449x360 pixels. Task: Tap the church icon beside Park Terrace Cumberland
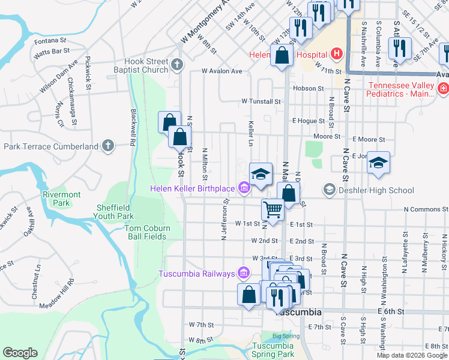click(x=107, y=145)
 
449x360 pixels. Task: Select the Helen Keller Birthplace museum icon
click(x=244, y=189)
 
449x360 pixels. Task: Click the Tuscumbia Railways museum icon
click(x=244, y=274)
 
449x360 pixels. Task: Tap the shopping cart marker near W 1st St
click(x=273, y=210)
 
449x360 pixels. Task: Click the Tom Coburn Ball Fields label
click(x=148, y=232)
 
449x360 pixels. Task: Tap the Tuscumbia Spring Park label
click(x=273, y=350)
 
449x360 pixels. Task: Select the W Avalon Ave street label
click(x=221, y=71)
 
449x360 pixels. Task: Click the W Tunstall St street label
click(x=261, y=102)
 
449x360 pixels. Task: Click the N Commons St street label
click(x=426, y=209)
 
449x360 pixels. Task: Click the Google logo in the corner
click(x=20, y=353)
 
